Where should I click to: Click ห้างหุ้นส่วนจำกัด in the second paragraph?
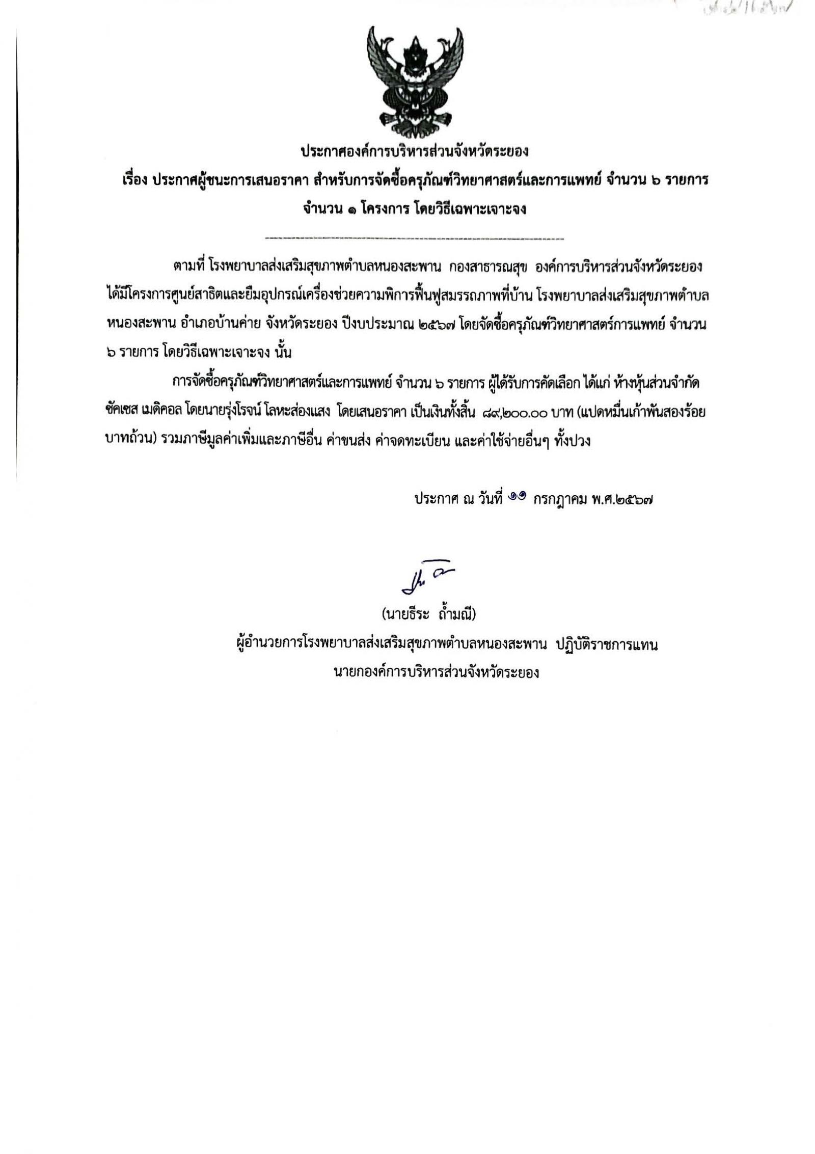click(x=657, y=384)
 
